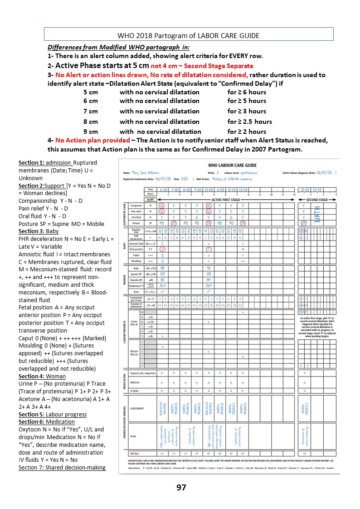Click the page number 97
pyautogui.click(x=181, y=488)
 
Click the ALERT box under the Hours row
pyautogui.click(x=148, y=200)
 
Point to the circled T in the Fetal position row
pyautogui.click(x=208, y=249)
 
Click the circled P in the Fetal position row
pyautogui.click(x=162, y=249)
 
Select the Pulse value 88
pyautogui.click(x=162, y=268)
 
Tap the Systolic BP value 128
pyautogui.click(x=208, y=274)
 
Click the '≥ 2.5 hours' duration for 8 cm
pyautogui.click(x=250, y=121)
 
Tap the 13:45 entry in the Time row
pyautogui.click(x=316, y=190)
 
